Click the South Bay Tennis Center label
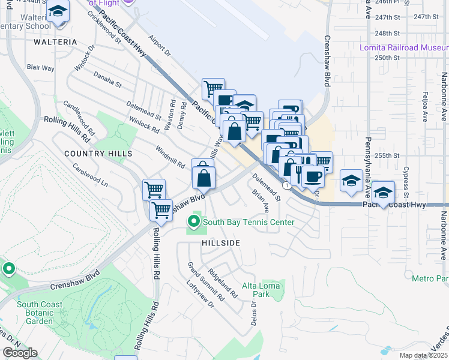248,222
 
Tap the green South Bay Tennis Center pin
194,222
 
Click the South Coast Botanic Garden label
39,313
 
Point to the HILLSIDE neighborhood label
220,243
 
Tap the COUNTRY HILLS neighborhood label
98,154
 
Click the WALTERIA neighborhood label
55,42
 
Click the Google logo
20,353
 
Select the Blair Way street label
41,68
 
